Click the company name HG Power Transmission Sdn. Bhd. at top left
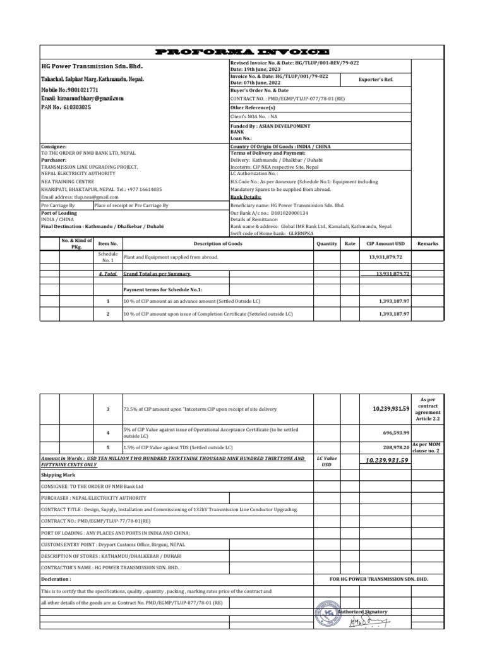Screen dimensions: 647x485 click(x=92, y=66)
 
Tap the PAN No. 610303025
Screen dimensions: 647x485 click(x=66, y=107)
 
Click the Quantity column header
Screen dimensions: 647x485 click(x=326, y=243)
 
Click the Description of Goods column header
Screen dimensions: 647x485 click(x=218, y=243)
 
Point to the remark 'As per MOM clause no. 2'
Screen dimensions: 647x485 click(x=428, y=447)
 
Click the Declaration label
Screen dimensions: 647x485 click(x=56, y=578)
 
